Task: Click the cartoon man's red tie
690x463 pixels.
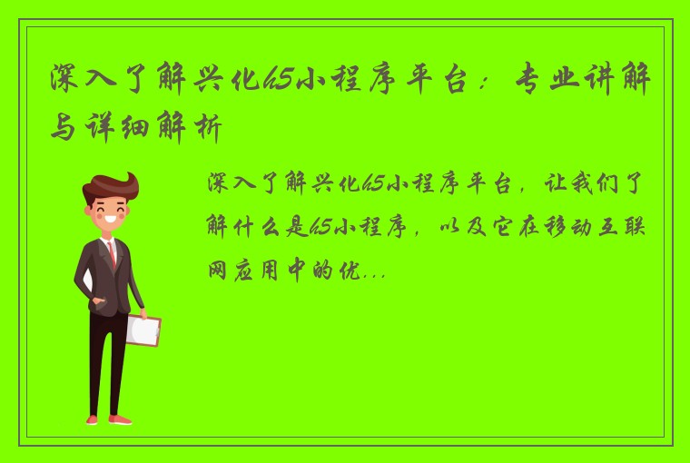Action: [x=113, y=253]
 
